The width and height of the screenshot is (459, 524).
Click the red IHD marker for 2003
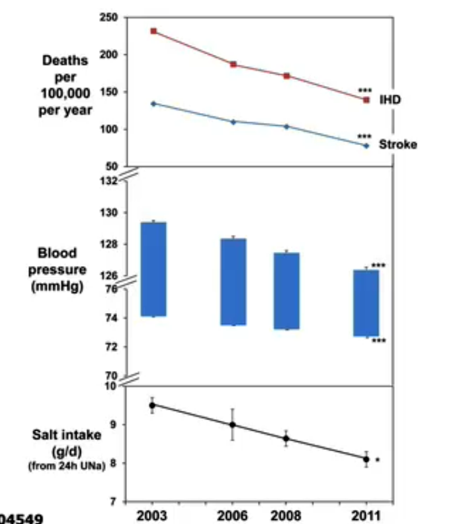(x=153, y=31)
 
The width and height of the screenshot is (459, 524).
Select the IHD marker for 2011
(x=366, y=100)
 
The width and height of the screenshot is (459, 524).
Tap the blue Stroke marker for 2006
(x=233, y=122)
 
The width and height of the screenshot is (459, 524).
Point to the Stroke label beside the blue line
(x=397, y=144)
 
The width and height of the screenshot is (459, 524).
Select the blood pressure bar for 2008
(x=286, y=291)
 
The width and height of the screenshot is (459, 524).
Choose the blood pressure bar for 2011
(x=366, y=303)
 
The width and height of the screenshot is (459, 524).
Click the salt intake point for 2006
(x=233, y=425)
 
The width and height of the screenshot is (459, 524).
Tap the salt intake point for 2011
(x=366, y=459)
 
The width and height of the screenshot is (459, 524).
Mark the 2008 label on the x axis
(x=286, y=515)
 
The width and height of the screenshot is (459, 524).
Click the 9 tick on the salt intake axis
(x=114, y=425)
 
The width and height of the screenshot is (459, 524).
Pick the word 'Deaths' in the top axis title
(x=65, y=60)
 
